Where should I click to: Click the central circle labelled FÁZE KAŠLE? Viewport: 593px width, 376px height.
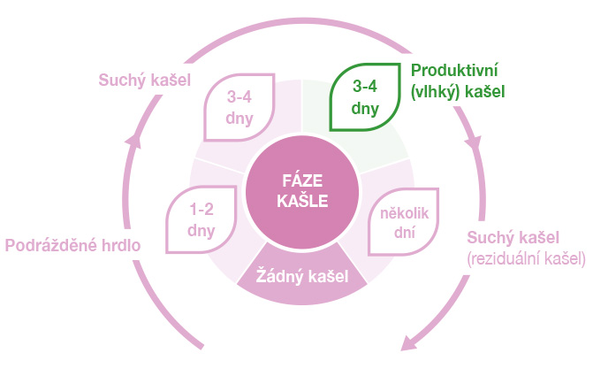coord(300,191)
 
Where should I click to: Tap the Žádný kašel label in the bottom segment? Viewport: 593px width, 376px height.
coord(300,277)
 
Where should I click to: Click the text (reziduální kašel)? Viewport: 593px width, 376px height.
coord(525,258)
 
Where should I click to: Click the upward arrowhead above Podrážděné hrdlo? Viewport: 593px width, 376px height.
coord(133,140)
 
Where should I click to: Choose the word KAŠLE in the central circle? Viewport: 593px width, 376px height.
coord(300,201)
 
